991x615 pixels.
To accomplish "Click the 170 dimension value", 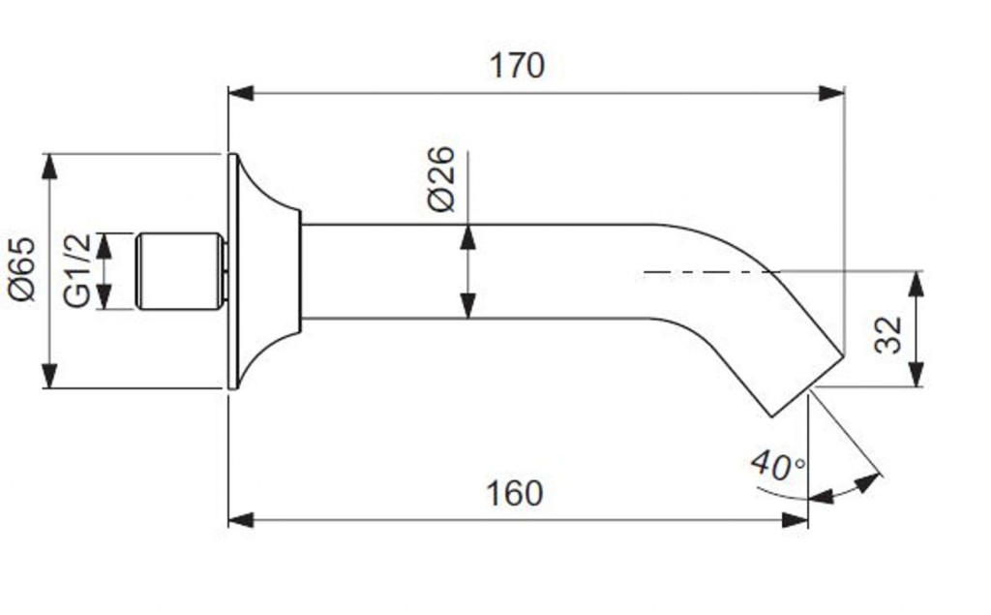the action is coord(517,66).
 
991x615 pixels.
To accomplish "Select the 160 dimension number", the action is coord(515,494).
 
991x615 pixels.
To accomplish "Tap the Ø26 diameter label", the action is coord(441,179).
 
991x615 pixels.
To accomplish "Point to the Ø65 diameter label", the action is coord(22,268).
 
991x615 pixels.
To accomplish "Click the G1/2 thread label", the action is coord(77,270).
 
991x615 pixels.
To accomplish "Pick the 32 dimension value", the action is coord(887,335).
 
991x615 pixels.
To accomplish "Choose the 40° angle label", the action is coord(777,465).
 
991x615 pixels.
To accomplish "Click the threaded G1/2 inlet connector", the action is coord(180,271).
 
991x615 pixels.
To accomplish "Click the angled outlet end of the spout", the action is coord(808,386).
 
